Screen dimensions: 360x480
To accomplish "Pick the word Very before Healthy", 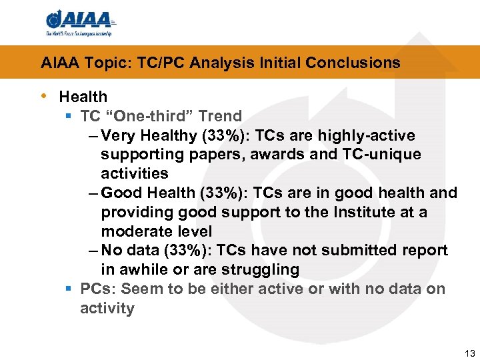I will pos(119,136).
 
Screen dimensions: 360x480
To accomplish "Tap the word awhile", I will pos(139,269).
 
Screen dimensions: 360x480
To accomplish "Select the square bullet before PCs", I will pos(69,289).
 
